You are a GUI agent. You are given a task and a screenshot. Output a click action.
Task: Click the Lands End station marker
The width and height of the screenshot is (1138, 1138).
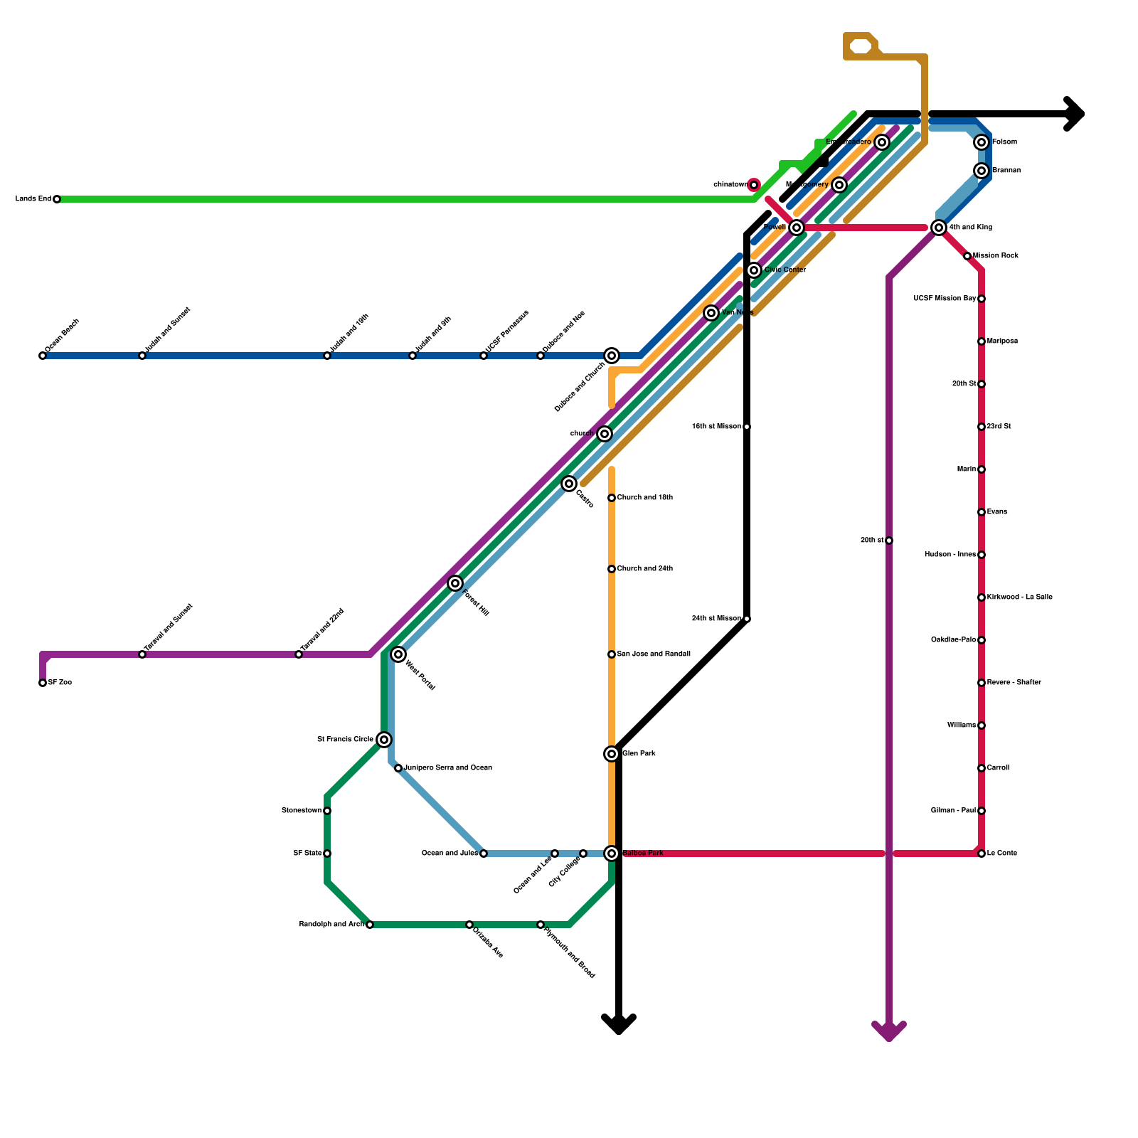(x=57, y=199)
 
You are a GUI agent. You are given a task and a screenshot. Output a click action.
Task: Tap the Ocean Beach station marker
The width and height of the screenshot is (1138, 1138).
(x=43, y=356)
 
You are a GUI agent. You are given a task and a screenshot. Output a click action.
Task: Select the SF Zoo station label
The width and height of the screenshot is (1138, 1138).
(x=60, y=683)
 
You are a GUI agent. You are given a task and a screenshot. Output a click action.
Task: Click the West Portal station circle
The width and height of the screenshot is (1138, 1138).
(x=398, y=654)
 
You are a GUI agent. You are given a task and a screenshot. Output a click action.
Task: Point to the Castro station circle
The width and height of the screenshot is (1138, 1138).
(x=569, y=484)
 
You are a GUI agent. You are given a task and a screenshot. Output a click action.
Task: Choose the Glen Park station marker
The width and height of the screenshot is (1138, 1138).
(x=612, y=754)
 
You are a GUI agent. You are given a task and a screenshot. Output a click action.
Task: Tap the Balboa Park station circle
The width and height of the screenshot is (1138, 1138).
(x=612, y=854)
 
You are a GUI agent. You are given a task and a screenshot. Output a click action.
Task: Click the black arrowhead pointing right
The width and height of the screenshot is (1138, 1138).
(x=1075, y=114)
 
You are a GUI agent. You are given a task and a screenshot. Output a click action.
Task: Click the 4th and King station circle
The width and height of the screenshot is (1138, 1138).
(x=939, y=228)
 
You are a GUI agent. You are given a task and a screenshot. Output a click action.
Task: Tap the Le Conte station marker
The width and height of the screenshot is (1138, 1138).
(x=982, y=854)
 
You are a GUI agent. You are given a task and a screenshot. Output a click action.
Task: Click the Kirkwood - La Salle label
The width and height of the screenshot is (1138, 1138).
(x=1019, y=597)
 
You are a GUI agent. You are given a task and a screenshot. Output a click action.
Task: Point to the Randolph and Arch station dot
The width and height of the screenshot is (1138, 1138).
(x=370, y=925)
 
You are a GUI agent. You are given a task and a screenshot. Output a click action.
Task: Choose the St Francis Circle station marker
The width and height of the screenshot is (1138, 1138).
(x=384, y=740)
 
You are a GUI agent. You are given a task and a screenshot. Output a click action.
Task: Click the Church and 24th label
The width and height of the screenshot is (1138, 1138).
(x=644, y=569)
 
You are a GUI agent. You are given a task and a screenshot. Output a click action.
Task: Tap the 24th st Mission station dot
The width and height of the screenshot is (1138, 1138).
(x=747, y=619)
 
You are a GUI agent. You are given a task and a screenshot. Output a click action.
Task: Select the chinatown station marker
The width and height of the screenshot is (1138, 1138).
(x=754, y=185)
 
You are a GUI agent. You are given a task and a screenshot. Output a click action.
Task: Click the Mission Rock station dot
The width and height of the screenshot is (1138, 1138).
(x=967, y=256)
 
